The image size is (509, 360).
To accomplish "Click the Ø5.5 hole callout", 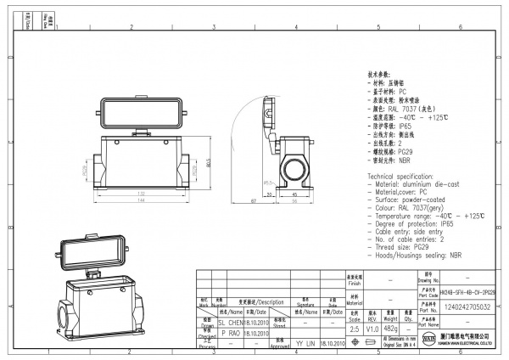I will [269, 183].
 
